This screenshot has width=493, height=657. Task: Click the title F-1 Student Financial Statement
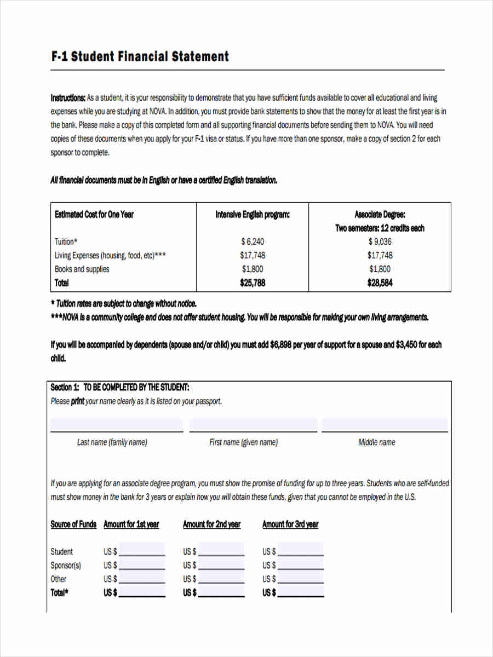pos(140,56)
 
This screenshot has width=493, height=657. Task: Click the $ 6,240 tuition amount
pos(252,241)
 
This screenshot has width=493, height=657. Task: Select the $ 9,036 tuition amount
pos(380,241)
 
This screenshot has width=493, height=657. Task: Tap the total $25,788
pos(252,283)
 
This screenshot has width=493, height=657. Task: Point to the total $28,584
pos(380,283)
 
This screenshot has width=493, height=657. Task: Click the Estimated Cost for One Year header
pos(94,215)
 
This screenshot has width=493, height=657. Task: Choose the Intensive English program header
pos(252,215)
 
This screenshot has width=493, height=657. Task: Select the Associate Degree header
pos(380,215)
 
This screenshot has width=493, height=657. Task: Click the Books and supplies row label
pos(82,269)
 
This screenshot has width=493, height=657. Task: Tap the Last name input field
pos(117,425)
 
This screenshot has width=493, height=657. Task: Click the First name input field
pos(253,425)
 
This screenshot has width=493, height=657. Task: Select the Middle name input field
pos(385,425)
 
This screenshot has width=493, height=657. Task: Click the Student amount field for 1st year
pos(142,550)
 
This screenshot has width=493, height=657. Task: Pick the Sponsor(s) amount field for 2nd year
pos(221,564)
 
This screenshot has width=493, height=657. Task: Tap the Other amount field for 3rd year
pos(301,578)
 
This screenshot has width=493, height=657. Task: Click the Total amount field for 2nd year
pos(221,592)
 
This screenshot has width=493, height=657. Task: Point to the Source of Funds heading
pos(73,525)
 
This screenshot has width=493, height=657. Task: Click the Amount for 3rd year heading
pos(290,525)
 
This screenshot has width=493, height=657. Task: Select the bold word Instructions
pos(68,98)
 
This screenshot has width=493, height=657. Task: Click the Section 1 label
pos(65,388)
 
